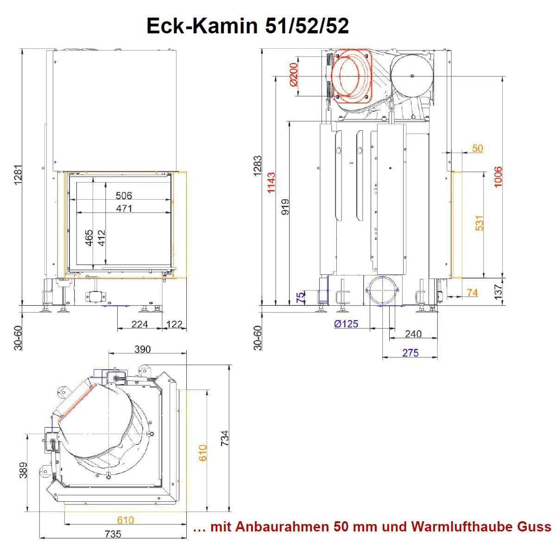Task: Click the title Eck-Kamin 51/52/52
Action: (x=247, y=26)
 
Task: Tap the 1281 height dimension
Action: (x=18, y=175)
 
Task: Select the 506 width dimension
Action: (x=124, y=196)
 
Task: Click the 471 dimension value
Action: (x=124, y=208)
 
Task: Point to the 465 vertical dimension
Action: (x=89, y=238)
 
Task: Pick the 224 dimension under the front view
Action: (x=139, y=324)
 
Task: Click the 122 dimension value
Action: (x=175, y=324)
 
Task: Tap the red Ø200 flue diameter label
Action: (x=293, y=75)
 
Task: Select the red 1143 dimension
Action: (x=271, y=183)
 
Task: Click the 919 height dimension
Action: (x=285, y=207)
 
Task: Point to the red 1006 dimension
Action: (x=498, y=177)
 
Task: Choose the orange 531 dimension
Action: (x=479, y=223)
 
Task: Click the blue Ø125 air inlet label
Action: (x=346, y=324)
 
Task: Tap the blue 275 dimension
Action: (x=410, y=353)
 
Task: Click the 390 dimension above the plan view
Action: (x=143, y=349)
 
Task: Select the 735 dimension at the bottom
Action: (x=113, y=534)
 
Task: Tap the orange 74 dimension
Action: (x=472, y=292)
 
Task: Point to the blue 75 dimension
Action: (x=300, y=297)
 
